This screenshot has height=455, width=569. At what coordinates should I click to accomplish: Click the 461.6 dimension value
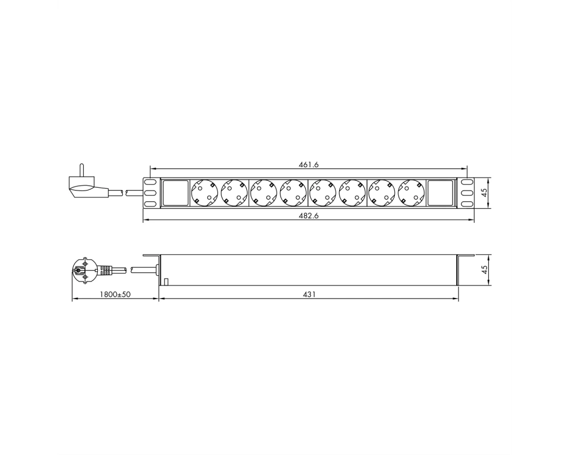(x=308, y=165)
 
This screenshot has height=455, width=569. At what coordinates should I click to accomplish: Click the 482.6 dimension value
(x=308, y=216)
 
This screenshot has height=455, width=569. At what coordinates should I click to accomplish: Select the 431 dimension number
(x=309, y=294)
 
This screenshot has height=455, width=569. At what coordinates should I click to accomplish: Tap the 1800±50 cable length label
(x=115, y=294)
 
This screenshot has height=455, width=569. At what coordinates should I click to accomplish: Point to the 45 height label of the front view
(x=484, y=193)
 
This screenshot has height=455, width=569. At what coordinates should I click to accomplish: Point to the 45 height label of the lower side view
(x=484, y=270)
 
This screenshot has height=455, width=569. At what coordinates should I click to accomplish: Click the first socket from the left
(x=205, y=193)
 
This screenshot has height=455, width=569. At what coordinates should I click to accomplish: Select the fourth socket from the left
(x=293, y=193)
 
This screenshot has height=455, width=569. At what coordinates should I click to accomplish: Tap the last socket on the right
(x=411, y=193)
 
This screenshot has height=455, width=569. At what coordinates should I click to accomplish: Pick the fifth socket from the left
(x=323, y=193)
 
